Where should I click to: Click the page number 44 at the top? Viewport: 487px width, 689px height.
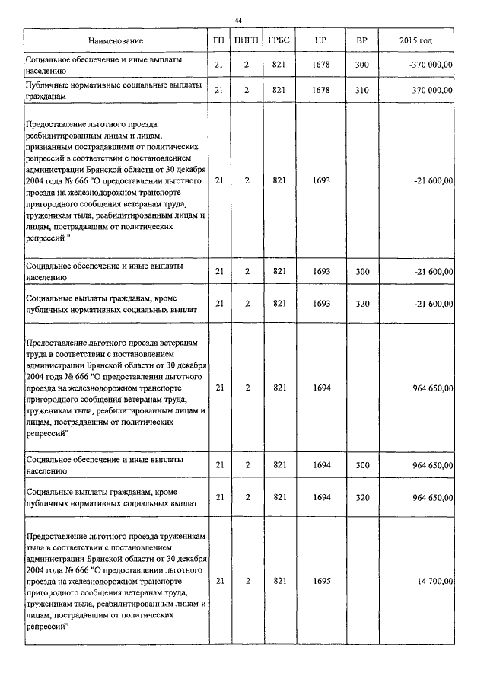(239, 20)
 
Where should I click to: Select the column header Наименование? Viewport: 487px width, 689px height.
(115, 40)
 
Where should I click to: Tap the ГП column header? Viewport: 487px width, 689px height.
(219, 40)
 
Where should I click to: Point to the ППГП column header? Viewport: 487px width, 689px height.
(247, 40)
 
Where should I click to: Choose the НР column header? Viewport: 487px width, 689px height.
(320, 40)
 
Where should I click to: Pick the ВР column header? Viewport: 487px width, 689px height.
(361, 40)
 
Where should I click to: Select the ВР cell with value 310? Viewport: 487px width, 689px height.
(361, 91)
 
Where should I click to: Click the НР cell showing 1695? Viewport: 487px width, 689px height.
(321, 581)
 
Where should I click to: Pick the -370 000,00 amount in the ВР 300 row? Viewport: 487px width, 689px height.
(431, 65)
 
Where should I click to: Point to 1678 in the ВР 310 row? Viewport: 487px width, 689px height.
(321, 91)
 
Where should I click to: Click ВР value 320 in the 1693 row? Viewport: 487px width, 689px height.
(361, 304)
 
